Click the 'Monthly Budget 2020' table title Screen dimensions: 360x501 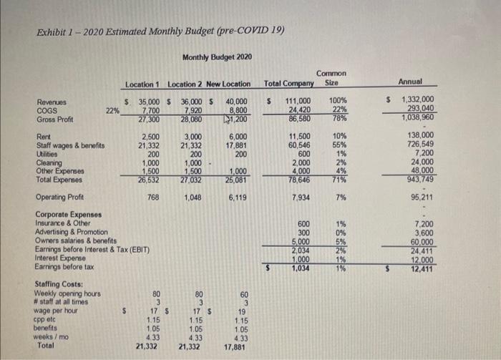point(212,57)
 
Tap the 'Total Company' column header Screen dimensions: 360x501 point(291,84)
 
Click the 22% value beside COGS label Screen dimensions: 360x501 point(112,111)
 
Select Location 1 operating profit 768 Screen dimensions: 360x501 point(152,197)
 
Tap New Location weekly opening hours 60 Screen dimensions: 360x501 point(245,294)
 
